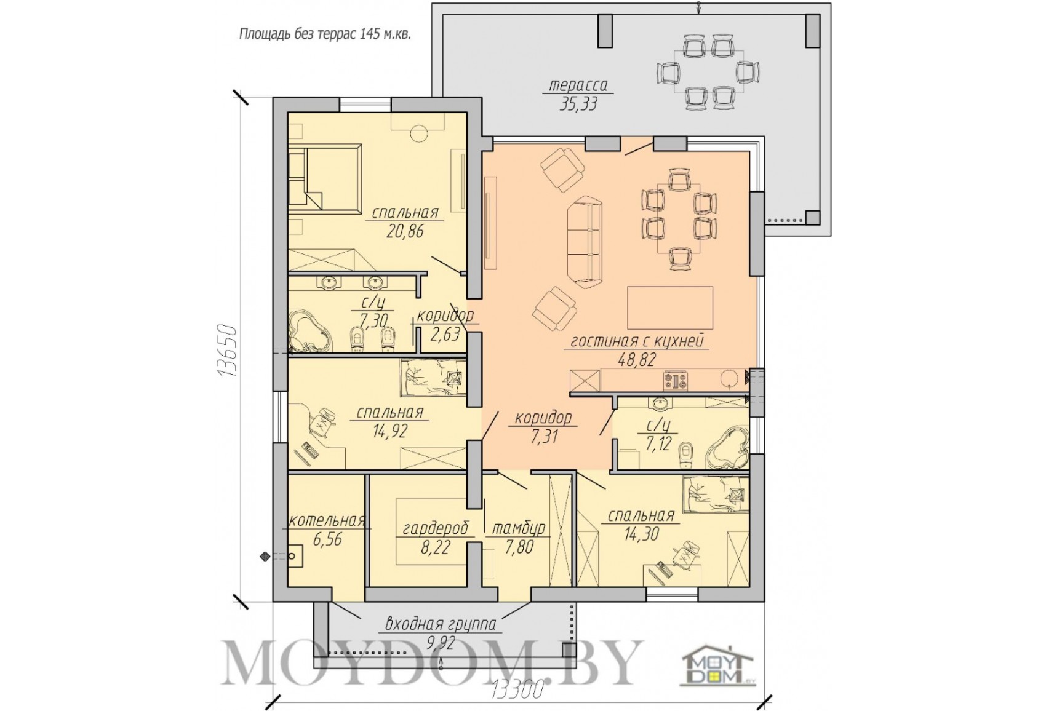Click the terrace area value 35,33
578,104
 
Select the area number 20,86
405,231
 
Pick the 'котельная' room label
326,520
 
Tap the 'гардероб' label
436,529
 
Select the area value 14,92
390,431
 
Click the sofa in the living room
584,242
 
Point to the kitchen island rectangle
670,308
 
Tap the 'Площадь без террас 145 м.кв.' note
325,34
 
